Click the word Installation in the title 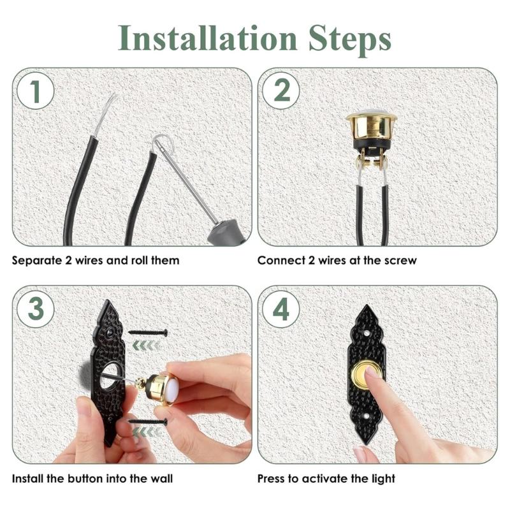coord(207,38)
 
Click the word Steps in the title coord(349,41)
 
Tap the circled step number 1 coord(36,91)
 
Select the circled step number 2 coord(281,91)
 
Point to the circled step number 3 coord(36,309)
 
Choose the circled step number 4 coord(281,309)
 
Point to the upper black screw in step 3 coord(149,332)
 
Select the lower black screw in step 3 coord(149,422)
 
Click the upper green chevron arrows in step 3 coord(146,346)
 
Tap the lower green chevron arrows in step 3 coord(147,432)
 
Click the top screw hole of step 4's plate coord(367,333)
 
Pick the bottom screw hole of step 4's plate coord(367,416)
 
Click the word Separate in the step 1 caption coord(37,261)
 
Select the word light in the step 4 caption coord(383,479)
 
